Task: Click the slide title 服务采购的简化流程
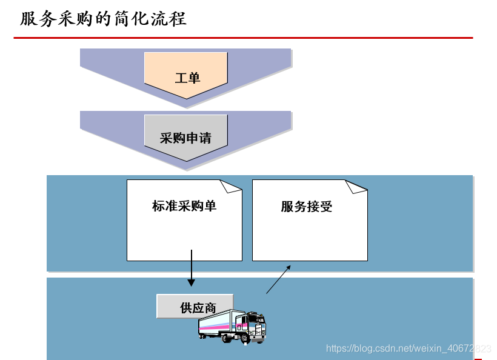point(103,19)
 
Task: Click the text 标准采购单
point(184,206)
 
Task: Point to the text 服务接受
point(306,207)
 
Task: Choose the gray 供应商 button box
point(194,307)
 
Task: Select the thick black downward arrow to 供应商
point(192,267)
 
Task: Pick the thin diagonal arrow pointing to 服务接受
point(278,279)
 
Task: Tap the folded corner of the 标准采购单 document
point(230,185)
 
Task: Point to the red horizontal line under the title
point(242,38)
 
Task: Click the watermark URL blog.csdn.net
point(407,348)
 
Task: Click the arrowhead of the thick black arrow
point(192,282)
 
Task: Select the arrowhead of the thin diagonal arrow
point(289,267)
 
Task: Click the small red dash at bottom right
point(478,359)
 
